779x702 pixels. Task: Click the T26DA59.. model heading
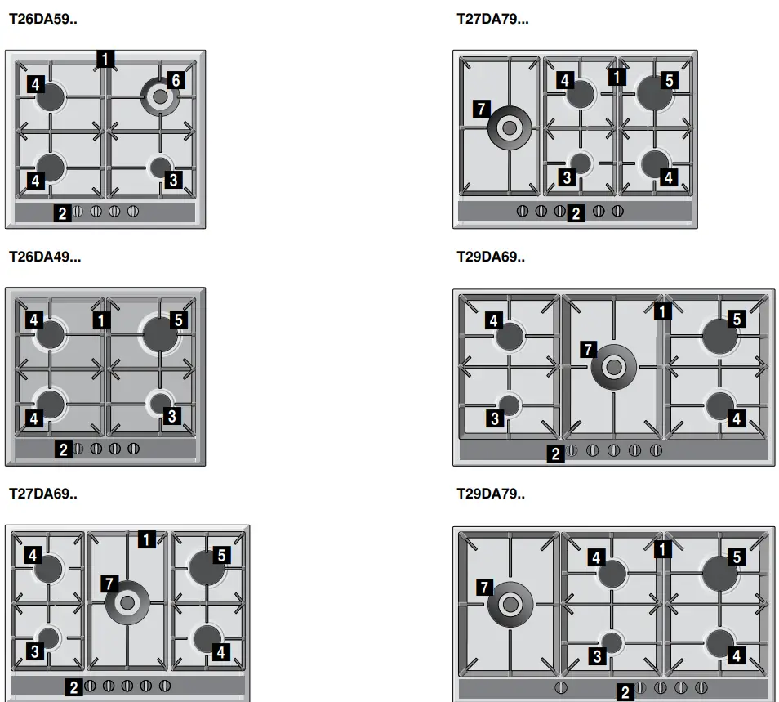tap(42, 19)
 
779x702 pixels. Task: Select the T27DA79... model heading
tap(492, 19)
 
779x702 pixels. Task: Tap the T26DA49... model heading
tap(45, 256)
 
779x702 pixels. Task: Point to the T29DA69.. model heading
tap(491, 256)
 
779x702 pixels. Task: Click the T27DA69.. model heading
tap(43, 494)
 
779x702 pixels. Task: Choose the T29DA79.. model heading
tap(491, 494)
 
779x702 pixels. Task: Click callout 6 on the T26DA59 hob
tap(175, 80)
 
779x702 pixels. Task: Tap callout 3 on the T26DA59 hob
tap(173, 180)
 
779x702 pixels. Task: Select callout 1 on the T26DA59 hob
tap(105, 58)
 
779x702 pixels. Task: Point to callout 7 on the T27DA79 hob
tap(480, 109)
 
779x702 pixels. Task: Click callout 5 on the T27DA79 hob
tap(669, 80)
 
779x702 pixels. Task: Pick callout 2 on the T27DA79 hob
tap(576, 214)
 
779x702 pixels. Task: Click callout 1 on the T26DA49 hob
tap(101, 320)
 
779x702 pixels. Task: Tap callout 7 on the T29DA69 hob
tap(586, 350)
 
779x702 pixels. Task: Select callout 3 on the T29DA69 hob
tap(495, 419)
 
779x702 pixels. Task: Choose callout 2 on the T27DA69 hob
tap(74, 687)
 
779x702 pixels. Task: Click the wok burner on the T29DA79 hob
tap(510, 604)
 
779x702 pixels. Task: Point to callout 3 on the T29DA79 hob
tap(597, 655)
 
